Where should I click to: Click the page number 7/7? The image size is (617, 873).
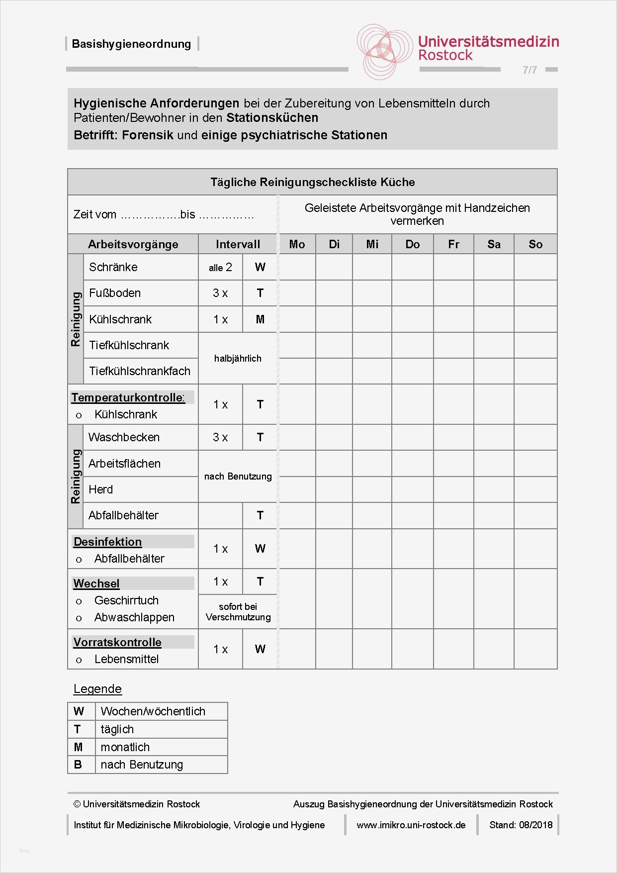pos(529,70)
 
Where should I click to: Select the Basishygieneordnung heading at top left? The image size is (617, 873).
pos(131,44)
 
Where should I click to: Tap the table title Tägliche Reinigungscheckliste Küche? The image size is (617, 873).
pos(312,182)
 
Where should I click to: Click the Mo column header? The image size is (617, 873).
pos(297,244)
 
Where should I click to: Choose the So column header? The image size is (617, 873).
pos(535,244)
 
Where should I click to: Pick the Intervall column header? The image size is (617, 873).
pos(238,244)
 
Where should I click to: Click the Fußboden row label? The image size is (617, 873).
pos(115,293)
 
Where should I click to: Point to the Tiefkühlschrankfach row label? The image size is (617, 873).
pos(140,371)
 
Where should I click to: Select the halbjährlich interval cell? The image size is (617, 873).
pos(238,358)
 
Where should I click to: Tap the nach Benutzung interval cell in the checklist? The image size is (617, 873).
pos(238,477)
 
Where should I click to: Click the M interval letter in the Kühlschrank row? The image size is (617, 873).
pos(260,319)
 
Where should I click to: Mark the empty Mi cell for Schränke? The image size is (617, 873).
pos(372,267)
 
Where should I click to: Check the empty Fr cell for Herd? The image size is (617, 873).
pos(453,489)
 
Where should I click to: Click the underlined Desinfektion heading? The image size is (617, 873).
pos(108,542)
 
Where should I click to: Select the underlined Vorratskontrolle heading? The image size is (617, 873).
pos(117,642)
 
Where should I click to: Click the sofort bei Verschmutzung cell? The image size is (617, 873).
pos(238,612)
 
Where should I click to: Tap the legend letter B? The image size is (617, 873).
pos(78,765)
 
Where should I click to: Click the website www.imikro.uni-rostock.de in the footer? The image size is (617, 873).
pos(411,825)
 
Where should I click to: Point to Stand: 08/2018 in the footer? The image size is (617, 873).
pos(521,825)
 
